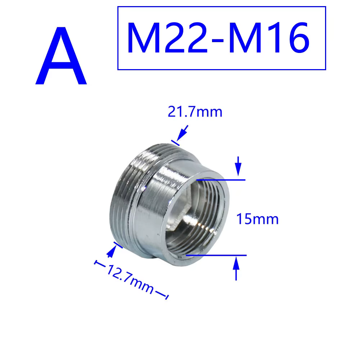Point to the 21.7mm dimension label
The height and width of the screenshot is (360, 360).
195,112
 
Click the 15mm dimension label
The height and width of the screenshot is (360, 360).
257,219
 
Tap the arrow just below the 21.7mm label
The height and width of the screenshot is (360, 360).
182,132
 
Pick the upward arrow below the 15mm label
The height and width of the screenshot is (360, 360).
236,268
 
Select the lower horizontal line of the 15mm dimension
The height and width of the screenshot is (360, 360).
216,255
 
